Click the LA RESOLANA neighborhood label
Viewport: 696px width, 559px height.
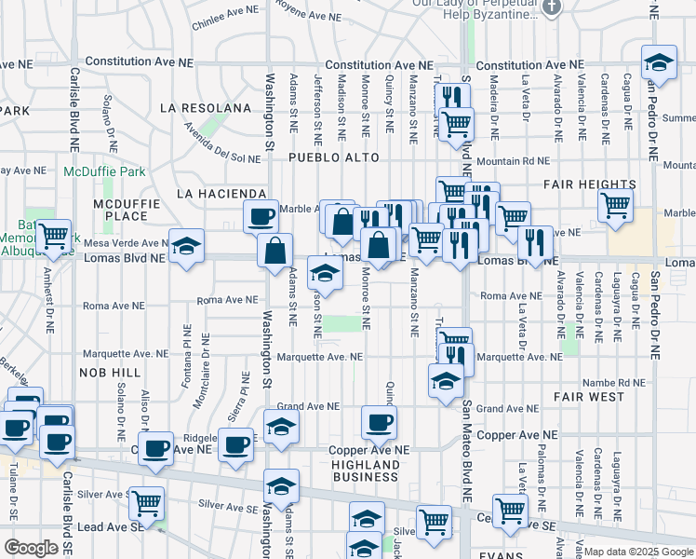coord(205,108)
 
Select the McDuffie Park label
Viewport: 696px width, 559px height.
coord(105,172)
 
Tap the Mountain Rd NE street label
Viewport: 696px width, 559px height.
coord(510,162)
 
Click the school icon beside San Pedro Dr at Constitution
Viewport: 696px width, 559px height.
coord(659,63)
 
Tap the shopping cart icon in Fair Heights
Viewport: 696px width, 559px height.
coord(615,204)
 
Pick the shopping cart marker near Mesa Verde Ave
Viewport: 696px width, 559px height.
coord(54,236)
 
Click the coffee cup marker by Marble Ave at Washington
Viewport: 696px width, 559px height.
coord(261,216)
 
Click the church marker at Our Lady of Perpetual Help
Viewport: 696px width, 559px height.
coord(553,7)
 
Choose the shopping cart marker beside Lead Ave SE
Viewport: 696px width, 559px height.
coord(146,503)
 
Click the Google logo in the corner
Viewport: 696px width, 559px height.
coord(31,548)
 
